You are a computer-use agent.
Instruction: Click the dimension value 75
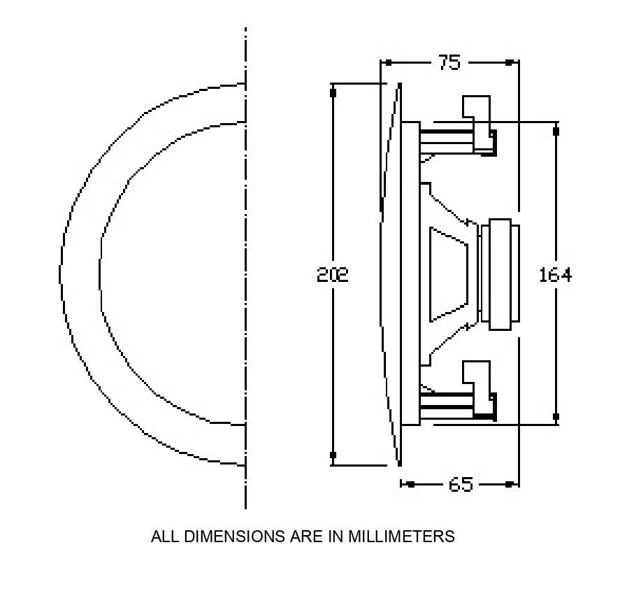tap(449, 63)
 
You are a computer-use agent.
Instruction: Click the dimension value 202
tap(333, 274)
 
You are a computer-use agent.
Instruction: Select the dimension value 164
tap(555, 275)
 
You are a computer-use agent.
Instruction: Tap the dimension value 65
tap(460, 484)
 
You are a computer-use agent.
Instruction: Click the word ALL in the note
tap(163, 537)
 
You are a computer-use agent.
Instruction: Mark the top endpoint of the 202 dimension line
tap(333, 91)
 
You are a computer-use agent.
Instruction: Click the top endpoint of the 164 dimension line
tap(556, 130)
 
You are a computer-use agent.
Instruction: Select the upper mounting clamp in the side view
tap(477, 119)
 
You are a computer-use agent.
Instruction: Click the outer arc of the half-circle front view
tap(62, 274)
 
